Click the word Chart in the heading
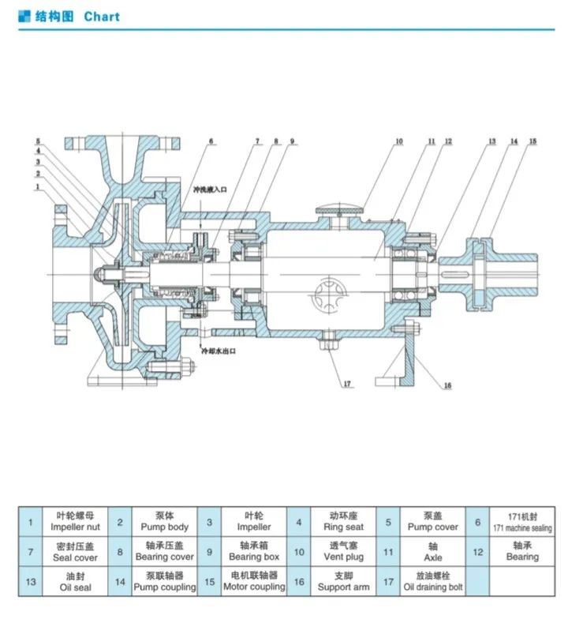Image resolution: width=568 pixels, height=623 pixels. click(x=102, y=16)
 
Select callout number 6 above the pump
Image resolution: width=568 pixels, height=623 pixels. click(x=211, y=142)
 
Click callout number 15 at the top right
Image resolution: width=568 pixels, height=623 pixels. click(x=532, y=141)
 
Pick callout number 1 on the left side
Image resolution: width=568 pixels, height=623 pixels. click(x=36, y=187)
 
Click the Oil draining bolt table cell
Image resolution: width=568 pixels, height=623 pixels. click(x=432, y=582)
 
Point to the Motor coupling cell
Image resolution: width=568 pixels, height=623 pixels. click(x=253, y=582)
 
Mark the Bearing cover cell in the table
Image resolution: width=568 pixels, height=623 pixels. click(x=164, y=551)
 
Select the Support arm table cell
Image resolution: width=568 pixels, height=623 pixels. click(x=343, y=582)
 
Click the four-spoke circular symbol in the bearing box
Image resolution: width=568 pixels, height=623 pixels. click(x=329, y=298)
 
